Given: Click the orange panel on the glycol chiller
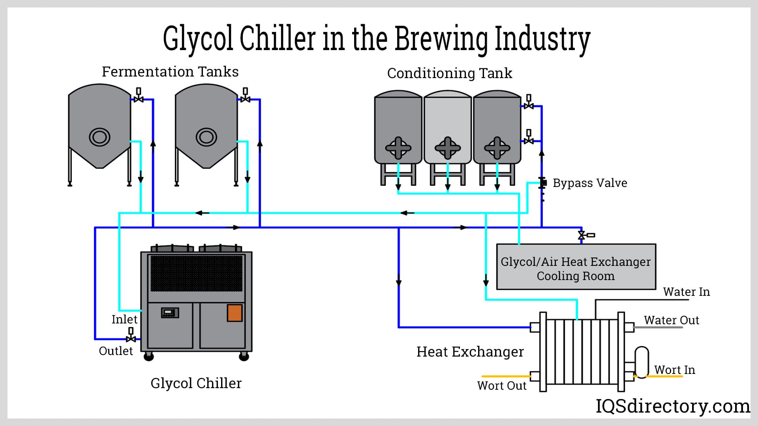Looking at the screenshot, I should click(235, 313).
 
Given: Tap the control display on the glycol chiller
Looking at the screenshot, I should click(170, 313).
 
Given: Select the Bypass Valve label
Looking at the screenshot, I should click(589, 183).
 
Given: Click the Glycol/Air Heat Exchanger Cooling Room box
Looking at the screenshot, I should click(576, 267).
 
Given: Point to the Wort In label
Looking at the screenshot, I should click(674, 370).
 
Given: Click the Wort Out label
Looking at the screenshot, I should click(501, 385).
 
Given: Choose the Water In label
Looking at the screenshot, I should click(686, 292).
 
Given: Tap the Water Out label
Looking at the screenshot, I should click(671, 320).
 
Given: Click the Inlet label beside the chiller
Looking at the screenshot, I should click(124, 319).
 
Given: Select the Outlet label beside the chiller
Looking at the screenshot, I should click(116, 351).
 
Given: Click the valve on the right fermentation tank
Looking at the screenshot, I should click(245, 98).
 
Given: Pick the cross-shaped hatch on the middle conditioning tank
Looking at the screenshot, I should click(447, 148).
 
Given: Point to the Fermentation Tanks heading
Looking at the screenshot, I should click(170, 72).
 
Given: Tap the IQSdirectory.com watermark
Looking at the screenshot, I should click(672, 406).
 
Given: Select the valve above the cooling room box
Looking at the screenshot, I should click(582, 235).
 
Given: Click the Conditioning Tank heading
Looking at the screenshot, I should click(449, 73).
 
